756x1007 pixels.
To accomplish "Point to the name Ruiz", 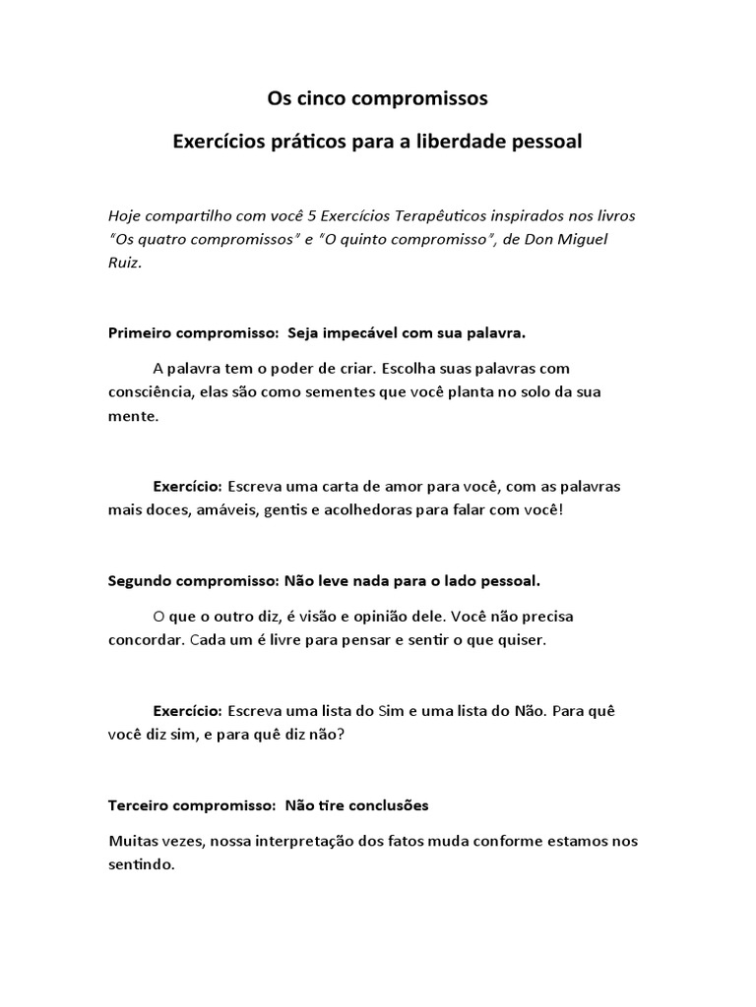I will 125,263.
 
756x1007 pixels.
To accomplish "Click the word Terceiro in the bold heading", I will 139,805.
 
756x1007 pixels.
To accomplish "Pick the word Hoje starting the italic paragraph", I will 125,215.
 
